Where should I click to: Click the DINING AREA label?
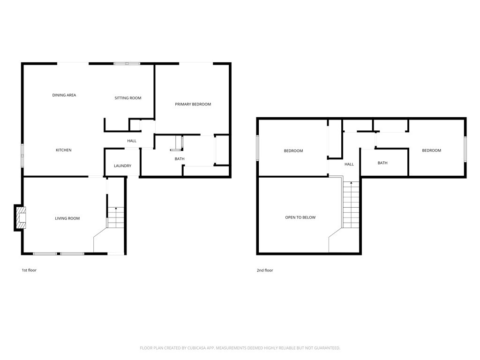(x=64, y=95)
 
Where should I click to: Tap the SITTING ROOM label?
(x=128, y=98)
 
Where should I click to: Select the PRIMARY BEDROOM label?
(x=193, y=104)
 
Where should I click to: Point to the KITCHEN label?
(x=64, y=150)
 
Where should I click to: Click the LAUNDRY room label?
(x=122, y=166)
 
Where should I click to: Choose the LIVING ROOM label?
(x=67, y=218)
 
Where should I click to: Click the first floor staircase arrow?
(x=116, y=208)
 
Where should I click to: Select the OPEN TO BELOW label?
(x=300, y=217)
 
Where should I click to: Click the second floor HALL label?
(x=349, y=165)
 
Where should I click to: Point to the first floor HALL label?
(x=132, y=141)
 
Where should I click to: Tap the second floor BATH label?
(x=382, y=163)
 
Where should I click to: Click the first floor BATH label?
(x=180, y=159)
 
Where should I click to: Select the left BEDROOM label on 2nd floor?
(x=293, y=151)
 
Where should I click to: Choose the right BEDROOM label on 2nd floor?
(x=431, y=150)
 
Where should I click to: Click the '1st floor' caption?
(x=29, y=270)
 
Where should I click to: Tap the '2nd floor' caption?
(x=265, y=270)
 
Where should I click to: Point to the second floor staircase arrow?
(x=351, y=183)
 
